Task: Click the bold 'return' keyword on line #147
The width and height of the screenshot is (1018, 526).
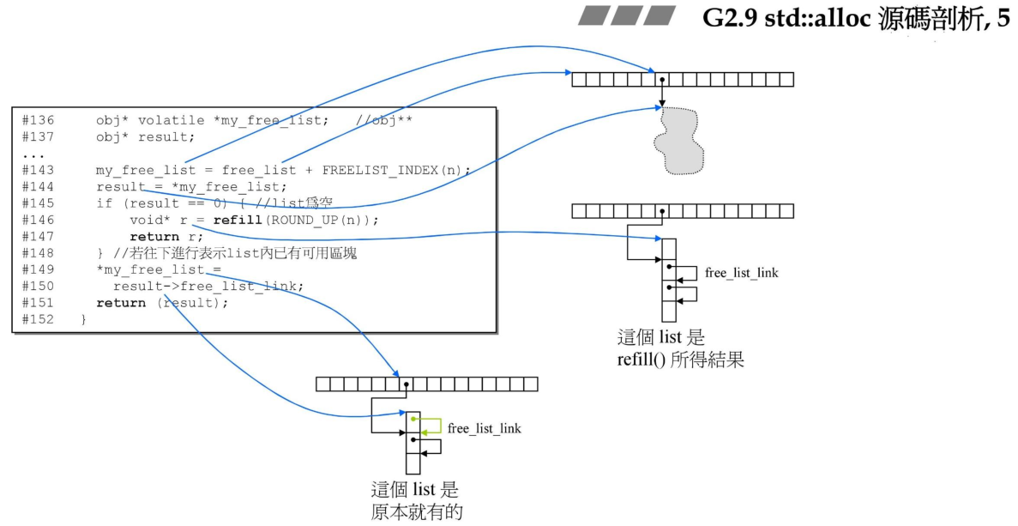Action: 154,236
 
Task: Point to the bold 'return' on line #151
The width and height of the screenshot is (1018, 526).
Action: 121,302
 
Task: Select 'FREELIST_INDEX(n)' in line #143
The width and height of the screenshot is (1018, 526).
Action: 395,170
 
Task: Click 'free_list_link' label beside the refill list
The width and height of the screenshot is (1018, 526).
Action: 742,273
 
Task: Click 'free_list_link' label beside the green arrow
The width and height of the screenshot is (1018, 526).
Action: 485,427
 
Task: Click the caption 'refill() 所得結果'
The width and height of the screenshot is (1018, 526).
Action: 680,360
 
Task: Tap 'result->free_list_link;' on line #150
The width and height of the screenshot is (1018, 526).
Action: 208,286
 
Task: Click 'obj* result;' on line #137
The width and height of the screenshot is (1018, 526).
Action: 146,137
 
